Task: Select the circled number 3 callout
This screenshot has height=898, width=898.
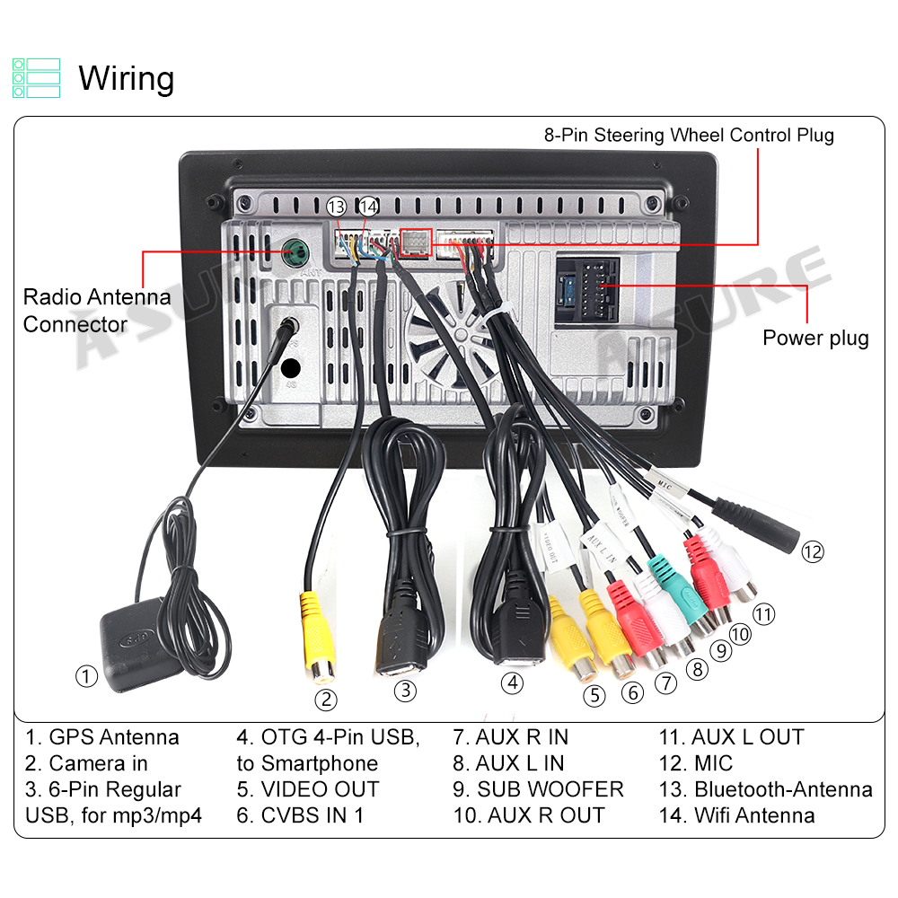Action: coord(406,690)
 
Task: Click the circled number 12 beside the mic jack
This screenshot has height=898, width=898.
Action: coord(812,551)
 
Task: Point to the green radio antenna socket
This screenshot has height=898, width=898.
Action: coord(294,251)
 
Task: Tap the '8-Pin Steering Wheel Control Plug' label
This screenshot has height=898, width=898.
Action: coord(689,136)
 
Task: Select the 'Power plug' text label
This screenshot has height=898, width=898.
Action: coord(815,338)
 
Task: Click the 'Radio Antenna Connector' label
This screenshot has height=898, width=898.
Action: coord(97,310)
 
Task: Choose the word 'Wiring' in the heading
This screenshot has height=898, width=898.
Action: coord(127,78)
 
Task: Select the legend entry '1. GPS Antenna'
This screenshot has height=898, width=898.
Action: coord(102,737)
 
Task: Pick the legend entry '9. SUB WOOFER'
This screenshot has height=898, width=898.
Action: coord(538,789)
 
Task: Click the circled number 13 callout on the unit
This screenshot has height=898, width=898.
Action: coord(337,207)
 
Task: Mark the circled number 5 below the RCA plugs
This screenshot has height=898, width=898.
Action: coord(594,694)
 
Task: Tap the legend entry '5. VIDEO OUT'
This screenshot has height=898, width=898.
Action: coord(308,789)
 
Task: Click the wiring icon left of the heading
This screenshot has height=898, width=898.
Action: coord(37,78)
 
